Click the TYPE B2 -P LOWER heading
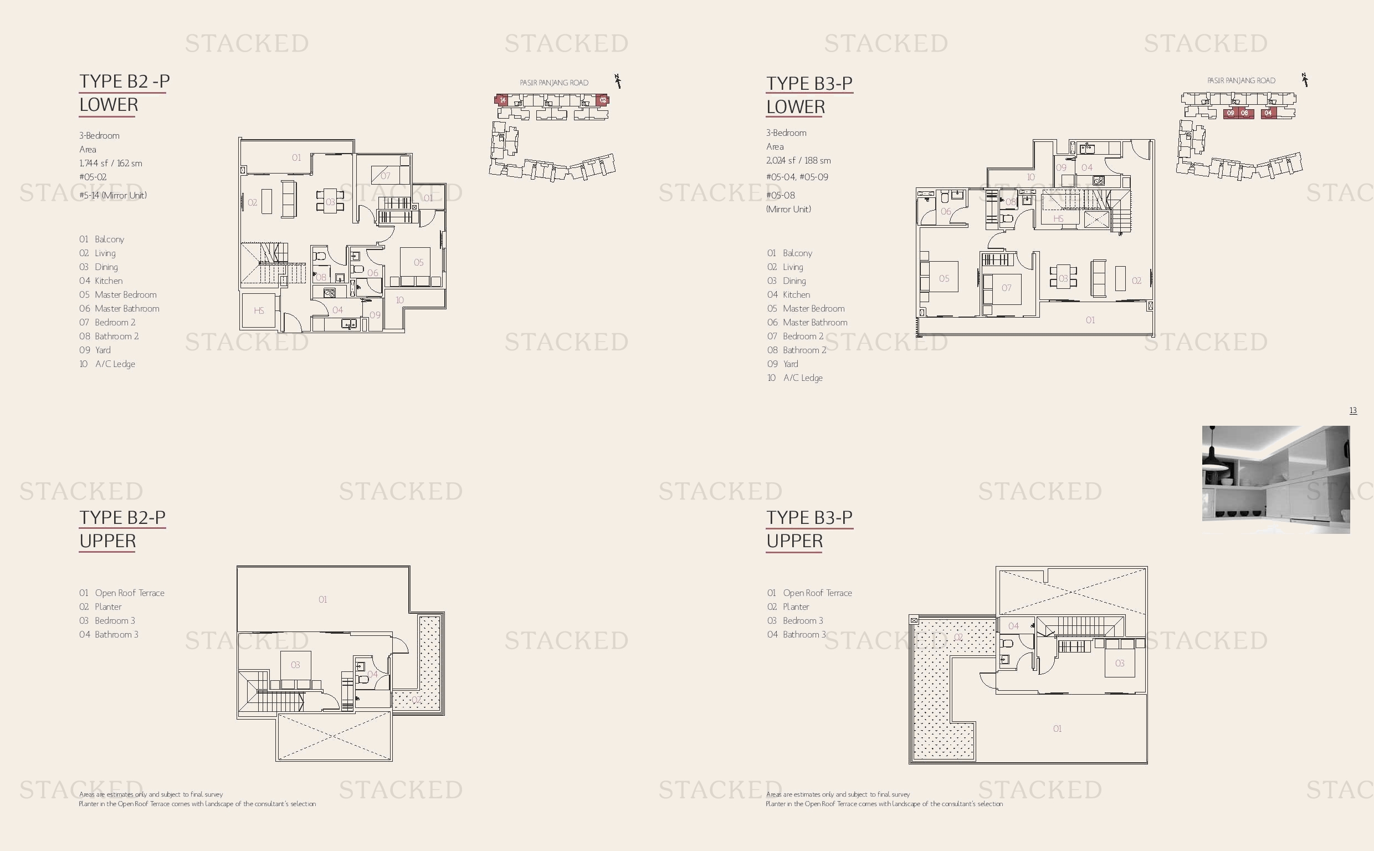point(124,93)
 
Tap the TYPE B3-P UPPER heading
point(809,529)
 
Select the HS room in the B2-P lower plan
point(259,310)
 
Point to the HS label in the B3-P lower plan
point(1058,218)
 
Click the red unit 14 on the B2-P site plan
point(503,100)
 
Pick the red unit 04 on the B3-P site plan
point(1268,113)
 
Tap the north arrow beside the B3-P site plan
point(1305,80)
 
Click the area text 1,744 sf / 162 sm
point(111,163)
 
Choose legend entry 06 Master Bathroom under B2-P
point(119,308)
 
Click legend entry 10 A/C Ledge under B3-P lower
point(794,378)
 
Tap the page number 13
point(1353,410)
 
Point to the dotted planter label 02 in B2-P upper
point(416,700)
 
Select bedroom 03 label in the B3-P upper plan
point(1120,663)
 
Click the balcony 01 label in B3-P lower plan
point(1090,320)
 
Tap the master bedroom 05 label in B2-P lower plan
point(418,262)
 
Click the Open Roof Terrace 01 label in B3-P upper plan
point(1057,728)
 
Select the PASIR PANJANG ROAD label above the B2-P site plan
point(554,83)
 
